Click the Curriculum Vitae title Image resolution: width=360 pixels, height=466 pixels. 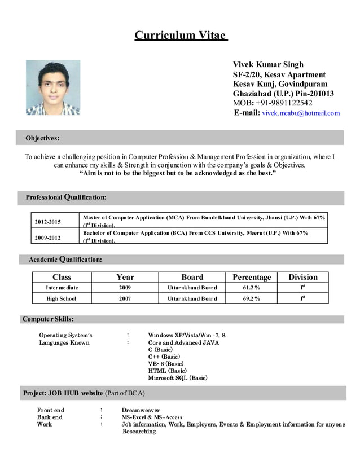180,36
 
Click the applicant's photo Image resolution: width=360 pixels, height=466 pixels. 53,87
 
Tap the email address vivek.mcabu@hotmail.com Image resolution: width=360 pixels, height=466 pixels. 301,113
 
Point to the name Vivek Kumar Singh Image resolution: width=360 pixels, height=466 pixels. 268,64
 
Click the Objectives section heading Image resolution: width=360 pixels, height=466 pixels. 42,138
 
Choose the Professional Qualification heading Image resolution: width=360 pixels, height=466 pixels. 65,197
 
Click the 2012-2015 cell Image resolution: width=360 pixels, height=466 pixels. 47,222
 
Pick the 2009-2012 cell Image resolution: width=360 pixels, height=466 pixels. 47,238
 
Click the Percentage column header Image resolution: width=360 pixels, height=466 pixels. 252,277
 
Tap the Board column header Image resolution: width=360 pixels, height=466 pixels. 192,277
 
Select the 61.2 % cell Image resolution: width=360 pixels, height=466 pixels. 252,288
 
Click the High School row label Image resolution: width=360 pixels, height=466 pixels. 61,298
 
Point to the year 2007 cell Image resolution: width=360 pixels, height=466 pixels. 125,298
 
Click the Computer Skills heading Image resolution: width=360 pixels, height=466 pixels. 48,319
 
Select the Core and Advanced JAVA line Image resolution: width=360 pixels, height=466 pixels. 183,342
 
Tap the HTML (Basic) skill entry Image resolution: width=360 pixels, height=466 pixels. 167,371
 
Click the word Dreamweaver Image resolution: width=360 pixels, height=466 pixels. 141,410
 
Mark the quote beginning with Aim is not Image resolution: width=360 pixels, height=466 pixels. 178,173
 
